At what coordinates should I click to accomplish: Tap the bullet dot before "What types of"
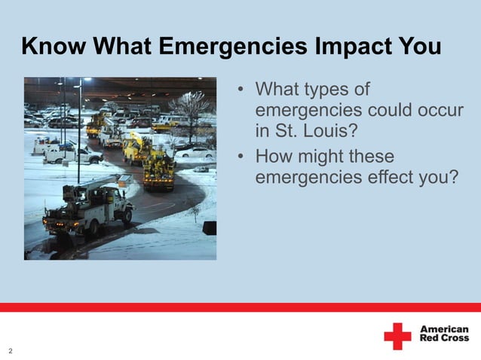click(x=241, y=91)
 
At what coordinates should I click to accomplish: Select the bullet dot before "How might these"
click(x=241, y=158)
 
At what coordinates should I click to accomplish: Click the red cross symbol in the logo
click(x=397, y=336)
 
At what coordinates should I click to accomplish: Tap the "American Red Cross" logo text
click(x=443, y=335)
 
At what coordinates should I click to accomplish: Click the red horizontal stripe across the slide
click(x=240, y=307)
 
